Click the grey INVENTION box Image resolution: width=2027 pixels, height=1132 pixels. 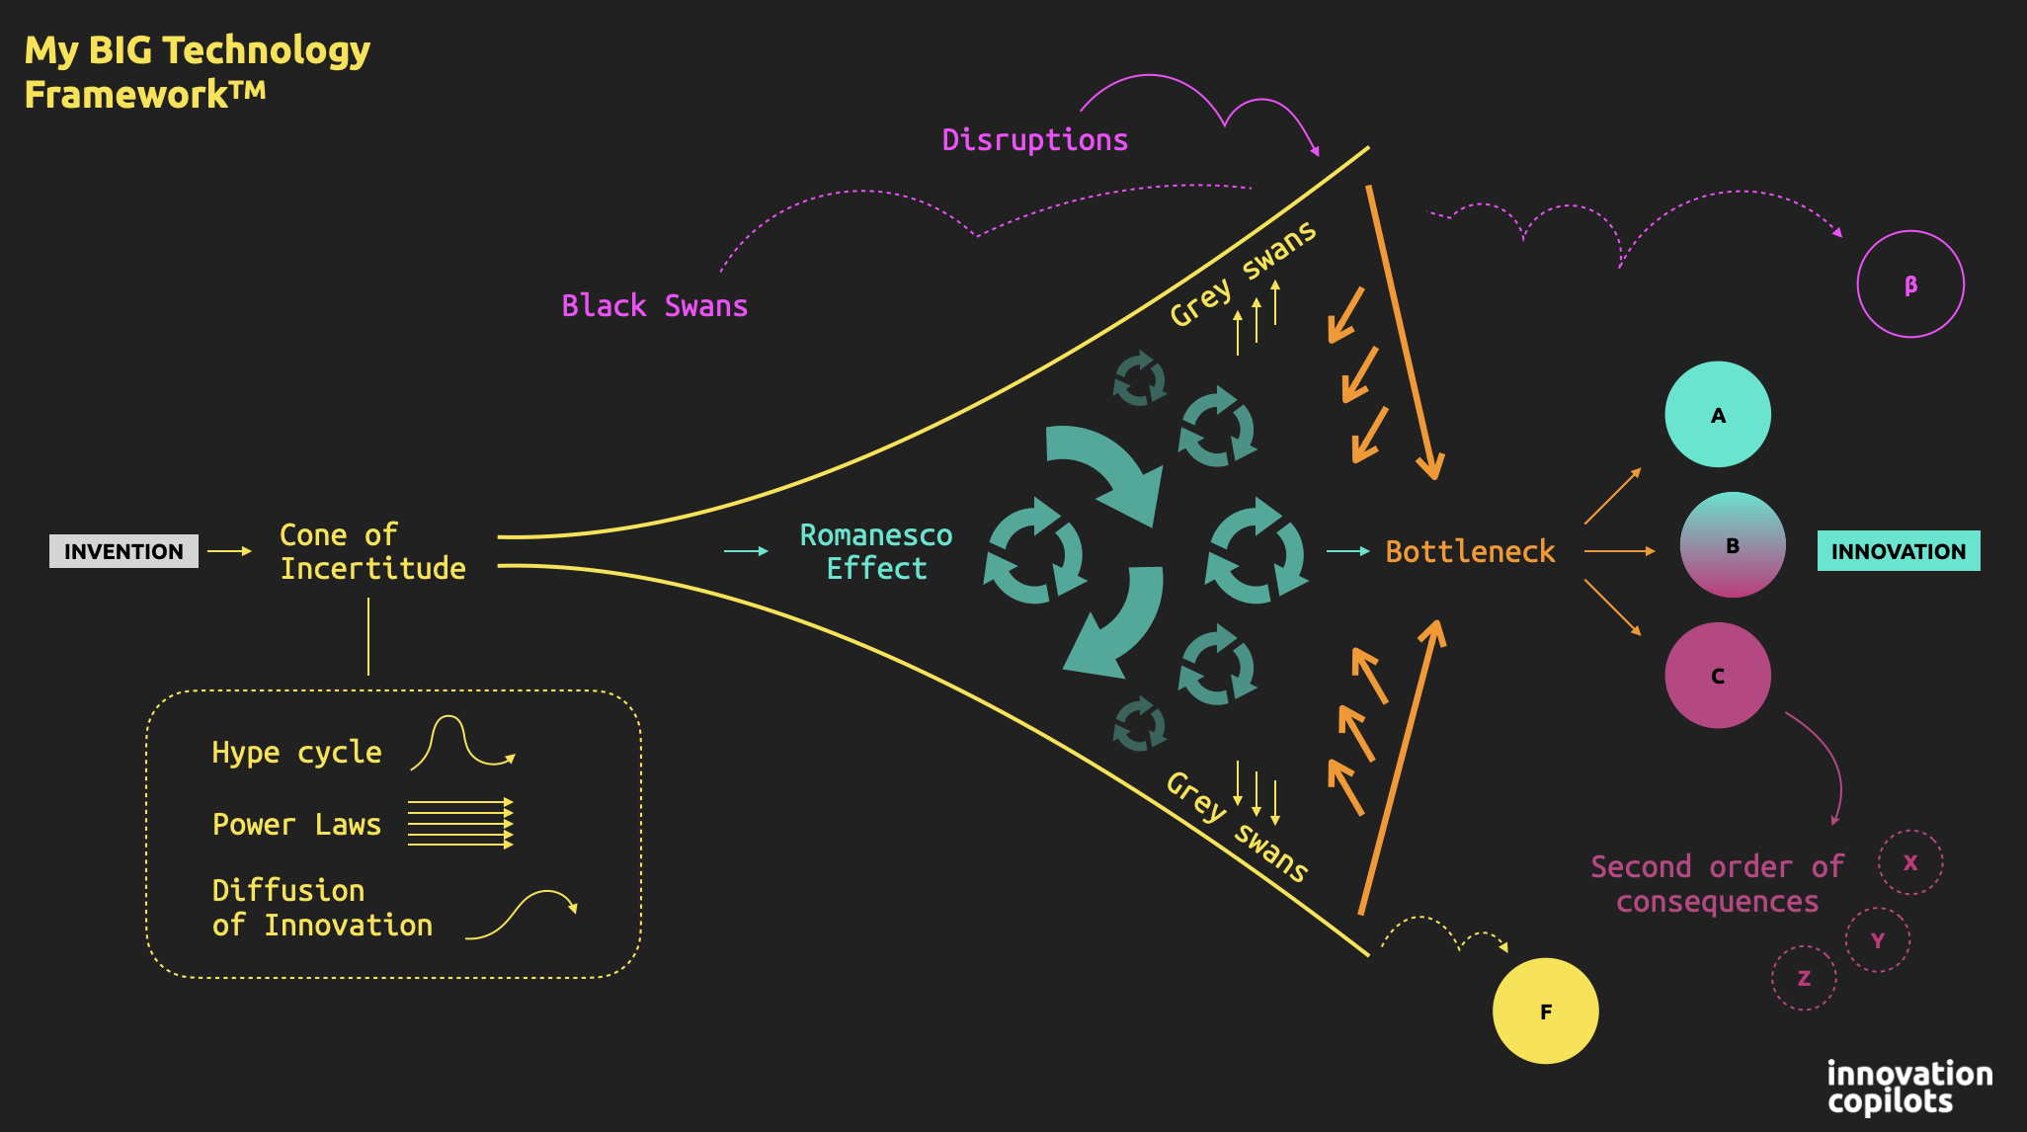point(123,551)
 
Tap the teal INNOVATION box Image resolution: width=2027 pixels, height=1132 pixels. point(1898,551)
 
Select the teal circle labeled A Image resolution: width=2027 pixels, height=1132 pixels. point(1718,415)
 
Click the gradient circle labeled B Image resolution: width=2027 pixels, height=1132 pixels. point(1733,545)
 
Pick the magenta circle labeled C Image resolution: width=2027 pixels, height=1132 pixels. point(1718,676)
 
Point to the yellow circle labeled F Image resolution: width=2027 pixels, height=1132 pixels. point(1545,1011)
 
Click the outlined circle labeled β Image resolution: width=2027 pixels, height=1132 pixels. point(1910,284)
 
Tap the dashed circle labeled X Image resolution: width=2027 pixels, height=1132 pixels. point(1910,862)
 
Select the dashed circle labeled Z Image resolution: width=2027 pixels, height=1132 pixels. point(1804,978)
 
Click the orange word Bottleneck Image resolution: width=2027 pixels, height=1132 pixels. point(1470,551)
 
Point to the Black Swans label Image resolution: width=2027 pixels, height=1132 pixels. point(654,306)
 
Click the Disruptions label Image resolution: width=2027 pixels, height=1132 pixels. point(1034,140)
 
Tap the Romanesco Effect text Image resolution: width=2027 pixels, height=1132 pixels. point(876,551)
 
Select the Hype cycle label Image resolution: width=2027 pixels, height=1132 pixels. point(296,753)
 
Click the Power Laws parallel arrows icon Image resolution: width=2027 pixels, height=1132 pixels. point(460,823)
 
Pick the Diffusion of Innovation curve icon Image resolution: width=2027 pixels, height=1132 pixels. point(522,914)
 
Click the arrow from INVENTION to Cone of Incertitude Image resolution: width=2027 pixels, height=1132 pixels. point(230,551)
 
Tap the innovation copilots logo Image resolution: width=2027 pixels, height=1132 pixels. point(1908,1087)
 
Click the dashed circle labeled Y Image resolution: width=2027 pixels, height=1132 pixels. point(1878,940)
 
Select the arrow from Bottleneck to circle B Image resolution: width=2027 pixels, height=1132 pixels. point(1619,551)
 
